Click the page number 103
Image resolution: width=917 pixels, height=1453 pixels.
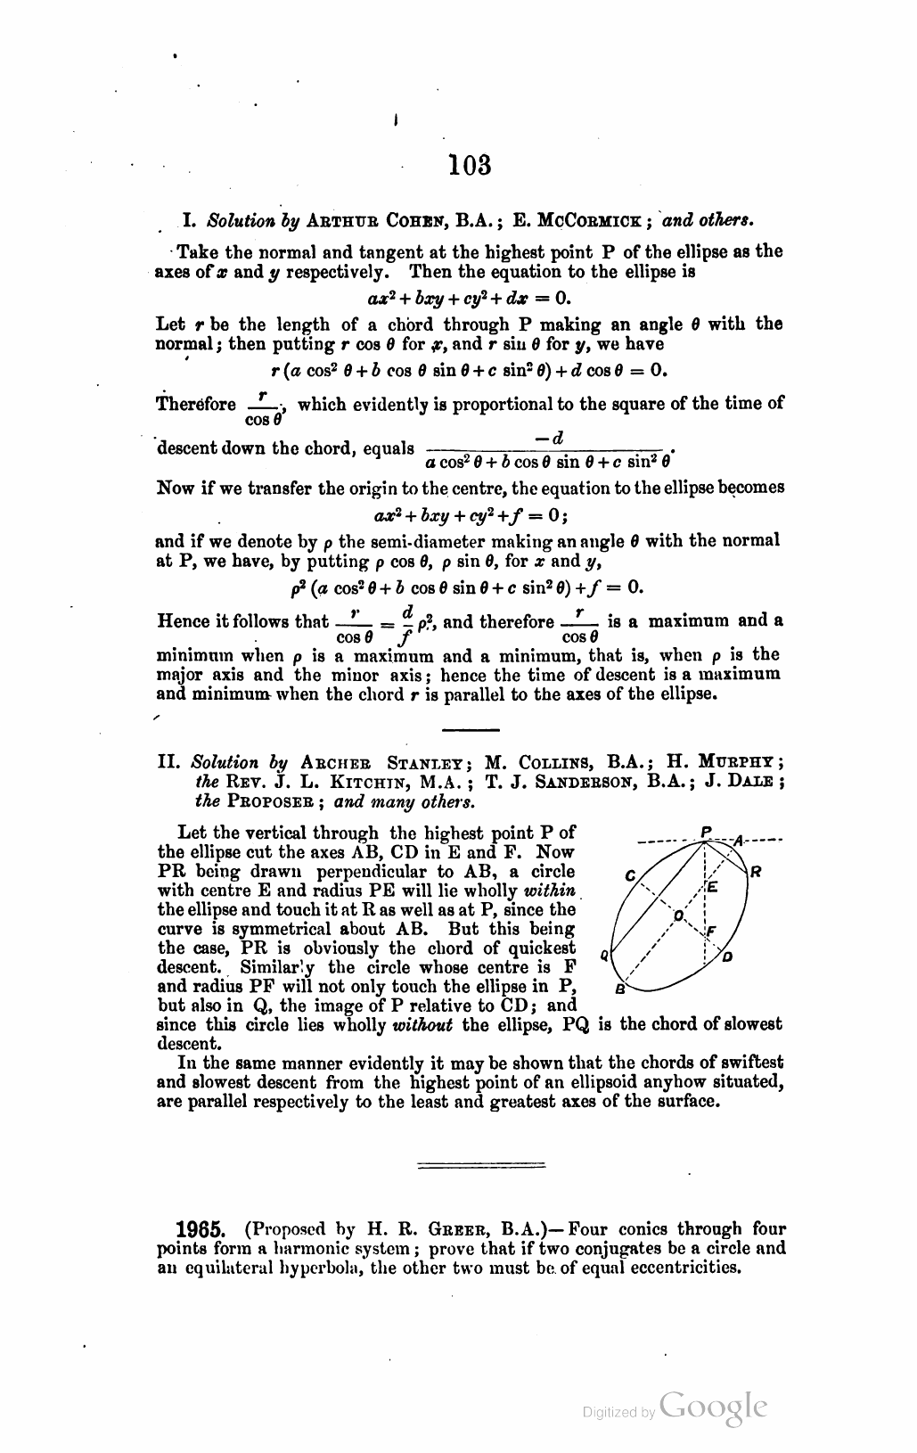tap(471, 165)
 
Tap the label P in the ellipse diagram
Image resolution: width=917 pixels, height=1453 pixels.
tap(706, 833)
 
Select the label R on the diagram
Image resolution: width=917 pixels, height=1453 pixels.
tap(755, 871)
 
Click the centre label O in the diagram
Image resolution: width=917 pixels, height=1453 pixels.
tap(679, 916)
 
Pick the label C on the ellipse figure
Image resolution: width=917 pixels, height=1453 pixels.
tap(629, 876)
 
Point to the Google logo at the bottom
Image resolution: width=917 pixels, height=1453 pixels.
tap(713, 1406)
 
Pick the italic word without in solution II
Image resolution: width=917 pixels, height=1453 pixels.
tap(422, 1025)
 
